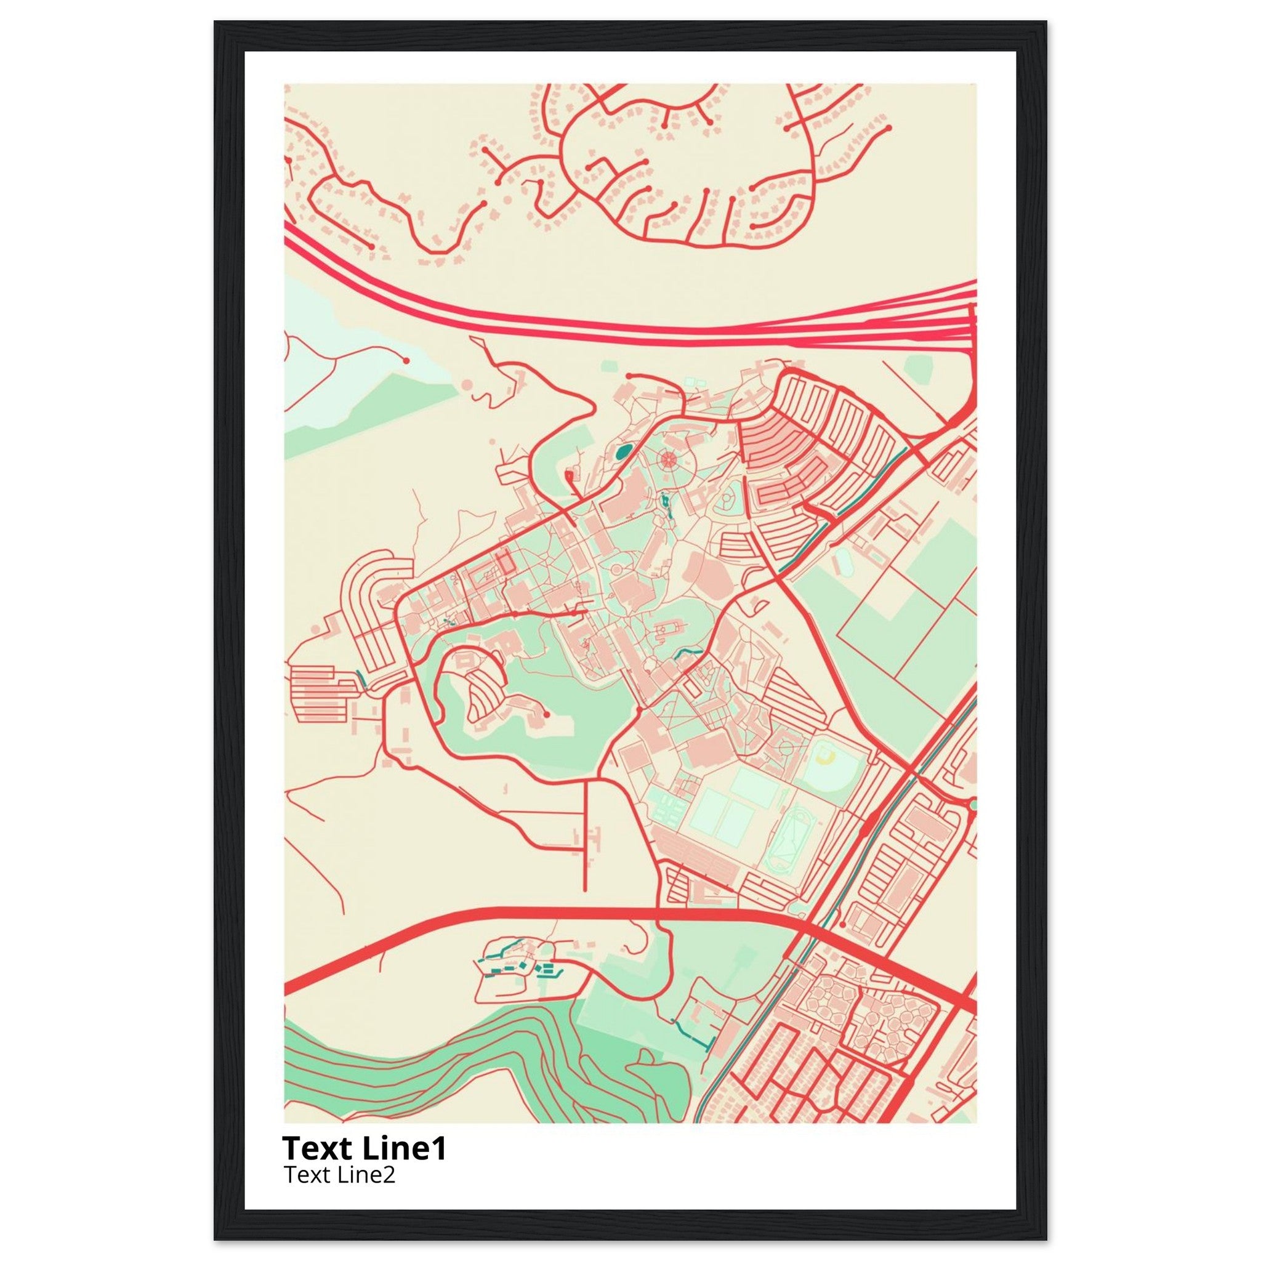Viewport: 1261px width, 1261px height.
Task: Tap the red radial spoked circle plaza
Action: pyautogui.click(x=667, y=459)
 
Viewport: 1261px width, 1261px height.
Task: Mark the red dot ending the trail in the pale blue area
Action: pyautogui.click(x=406, y=360)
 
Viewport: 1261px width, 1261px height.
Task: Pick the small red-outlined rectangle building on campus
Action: pyautogui.click(x=503, y=563)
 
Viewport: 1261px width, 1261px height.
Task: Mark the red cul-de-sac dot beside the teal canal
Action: pyautogui.click(x=842, y=925)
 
